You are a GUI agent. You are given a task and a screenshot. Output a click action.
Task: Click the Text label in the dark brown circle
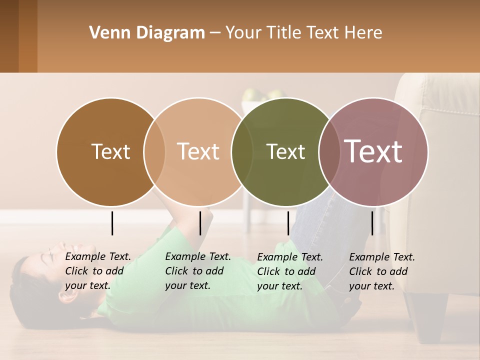(x=110, y=151)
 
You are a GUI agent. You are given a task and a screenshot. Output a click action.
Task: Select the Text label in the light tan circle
(x=198, y=151)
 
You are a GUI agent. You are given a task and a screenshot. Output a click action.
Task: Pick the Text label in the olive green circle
(x=285, y=151)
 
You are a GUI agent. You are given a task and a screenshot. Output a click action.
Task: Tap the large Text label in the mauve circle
(x=373, y=151)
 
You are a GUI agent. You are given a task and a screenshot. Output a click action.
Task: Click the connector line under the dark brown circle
(x=112, y=223)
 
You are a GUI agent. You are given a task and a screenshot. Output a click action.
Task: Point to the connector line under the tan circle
(x=200, y=223)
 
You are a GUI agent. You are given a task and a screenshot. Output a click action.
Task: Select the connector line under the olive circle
(x=288, y=223)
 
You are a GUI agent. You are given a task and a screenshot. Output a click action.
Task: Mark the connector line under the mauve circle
(x=372, y=223)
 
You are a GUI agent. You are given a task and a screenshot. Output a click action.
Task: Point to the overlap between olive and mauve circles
(x=329, y=152)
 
